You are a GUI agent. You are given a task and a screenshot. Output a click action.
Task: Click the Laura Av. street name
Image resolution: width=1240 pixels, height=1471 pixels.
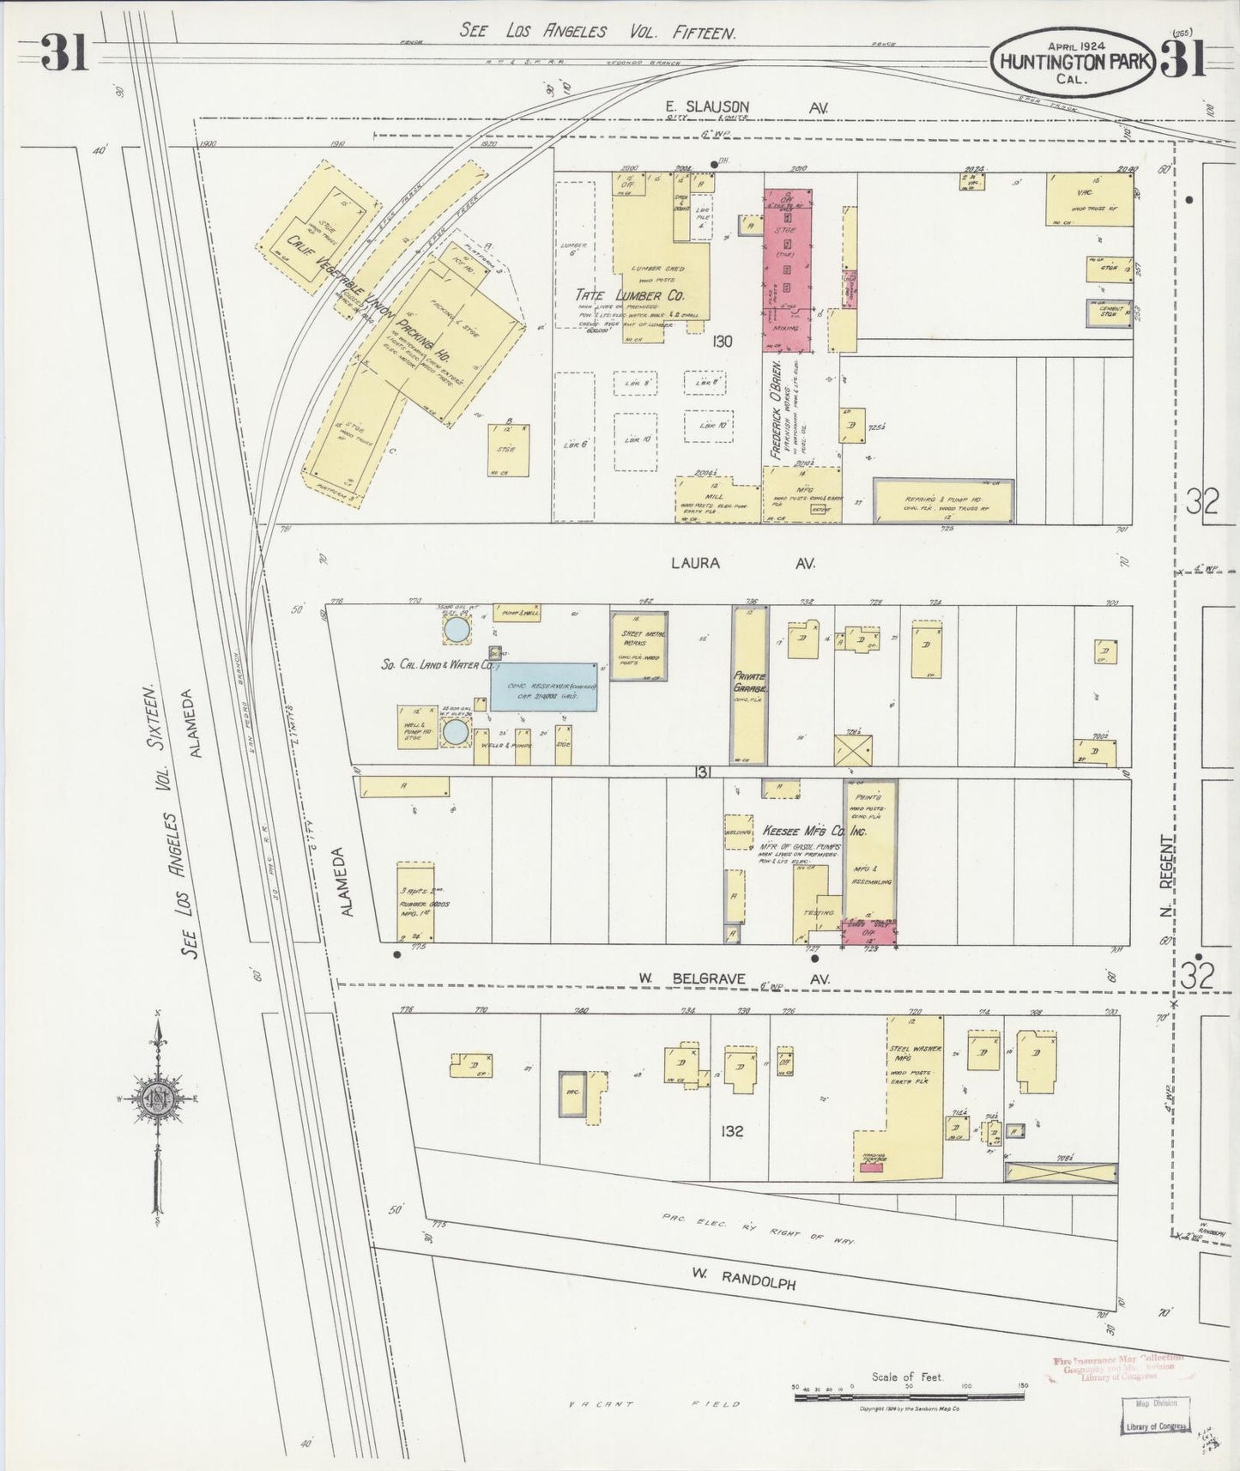pyautogui.click(x=743, y=563)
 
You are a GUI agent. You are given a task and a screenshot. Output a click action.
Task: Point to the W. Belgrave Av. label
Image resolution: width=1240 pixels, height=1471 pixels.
pyautogui.click(x=734, y=978)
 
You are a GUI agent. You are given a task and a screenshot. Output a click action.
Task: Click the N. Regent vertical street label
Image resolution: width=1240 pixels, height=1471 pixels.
pyautogui.click(x=1165, y=887)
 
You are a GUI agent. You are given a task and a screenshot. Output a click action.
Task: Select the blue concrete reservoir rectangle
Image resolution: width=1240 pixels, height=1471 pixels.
pyautogui.click(x=543, y=686)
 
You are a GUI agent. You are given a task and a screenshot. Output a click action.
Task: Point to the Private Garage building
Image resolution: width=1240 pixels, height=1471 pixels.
pyautogui.click(x=749, y=684)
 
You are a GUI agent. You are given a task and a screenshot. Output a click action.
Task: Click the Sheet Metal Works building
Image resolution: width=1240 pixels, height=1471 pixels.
pyautogui.click(x=638, y=645)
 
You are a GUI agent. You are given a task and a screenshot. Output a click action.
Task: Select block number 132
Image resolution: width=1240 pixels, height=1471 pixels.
pyautogui.click(x=731, y=1131)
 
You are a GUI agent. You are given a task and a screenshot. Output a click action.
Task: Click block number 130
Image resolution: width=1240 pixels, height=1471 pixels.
pyautogui.click(x=722, y=341)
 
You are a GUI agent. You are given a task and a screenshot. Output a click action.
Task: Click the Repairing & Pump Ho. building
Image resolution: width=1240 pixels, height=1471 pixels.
pyautogui.click(x=943, y=501)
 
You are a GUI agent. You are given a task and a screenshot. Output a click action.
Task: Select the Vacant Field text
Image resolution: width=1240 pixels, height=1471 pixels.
pyautogui.click(x=653, y=1405)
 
